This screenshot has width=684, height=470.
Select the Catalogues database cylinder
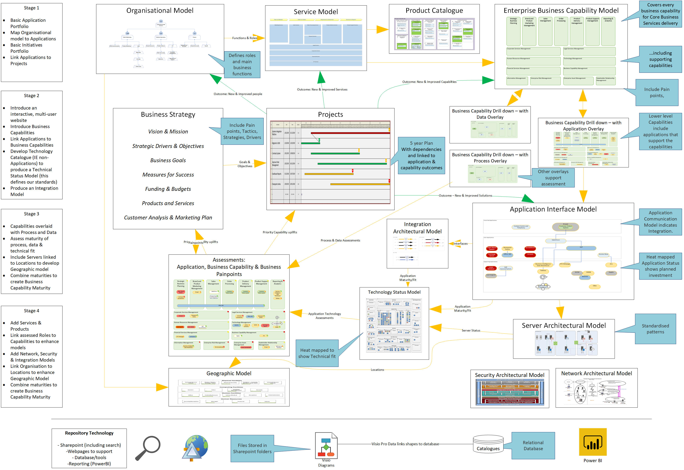pos(488,444)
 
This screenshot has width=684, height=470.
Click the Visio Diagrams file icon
pos(326,445)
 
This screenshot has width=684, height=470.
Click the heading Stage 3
pos(32,214)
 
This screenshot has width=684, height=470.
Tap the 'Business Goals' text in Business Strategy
pos(168,160)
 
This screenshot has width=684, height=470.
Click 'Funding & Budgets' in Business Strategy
pos(168,189)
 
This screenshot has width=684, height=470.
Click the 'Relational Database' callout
pos(533,445)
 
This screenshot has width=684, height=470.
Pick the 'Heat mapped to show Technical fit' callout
pos(317,353)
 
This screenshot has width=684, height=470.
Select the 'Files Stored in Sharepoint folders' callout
pos(252,448)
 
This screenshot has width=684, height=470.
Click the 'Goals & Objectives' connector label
pos(245,164)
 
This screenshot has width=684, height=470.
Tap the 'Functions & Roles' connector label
pos(244,38)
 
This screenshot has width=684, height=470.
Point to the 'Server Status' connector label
pos(471,330)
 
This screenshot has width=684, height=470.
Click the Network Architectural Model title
pos(596,373)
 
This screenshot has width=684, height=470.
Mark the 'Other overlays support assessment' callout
pos(553,178)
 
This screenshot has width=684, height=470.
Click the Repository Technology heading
pos(89,433)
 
